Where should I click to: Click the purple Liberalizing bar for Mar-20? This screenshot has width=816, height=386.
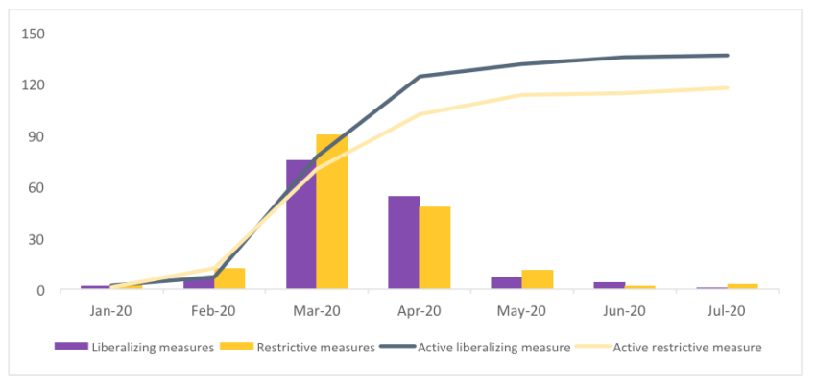pyautogui.click(x=301, y=225)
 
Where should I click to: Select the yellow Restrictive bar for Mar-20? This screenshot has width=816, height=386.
pyautogui.click(x=332, y=212)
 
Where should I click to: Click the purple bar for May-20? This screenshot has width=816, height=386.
pyautogui.click(x=506, y=283)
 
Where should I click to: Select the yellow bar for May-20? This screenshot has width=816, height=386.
pyautogui.click(x=538, y=279)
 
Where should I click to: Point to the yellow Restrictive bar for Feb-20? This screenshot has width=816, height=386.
pyautogui.click(x=229, y=278)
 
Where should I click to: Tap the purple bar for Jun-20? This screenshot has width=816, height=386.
pyautogui.click(x=609, y=285)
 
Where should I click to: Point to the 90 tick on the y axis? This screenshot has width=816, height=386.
pyautogui.click(x=36, y=136)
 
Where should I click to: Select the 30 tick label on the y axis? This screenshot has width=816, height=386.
pyautogui.click(x=36, y=239)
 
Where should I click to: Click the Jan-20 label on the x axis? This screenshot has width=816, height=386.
pyautogui.click(x=111, y=311)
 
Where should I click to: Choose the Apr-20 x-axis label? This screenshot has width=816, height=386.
pyautogui.click(x=419, y=311)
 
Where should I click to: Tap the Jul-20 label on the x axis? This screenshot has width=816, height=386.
pyautogui.click(x=727, y=311)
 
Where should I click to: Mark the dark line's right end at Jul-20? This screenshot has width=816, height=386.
pyautogui.click(x=727, y=56)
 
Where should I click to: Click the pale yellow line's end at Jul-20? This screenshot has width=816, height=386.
pyautogui.click(x=727, y=88)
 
